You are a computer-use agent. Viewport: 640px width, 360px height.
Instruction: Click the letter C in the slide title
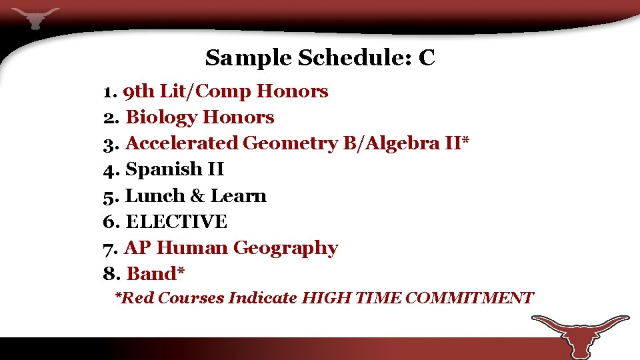(427, 58)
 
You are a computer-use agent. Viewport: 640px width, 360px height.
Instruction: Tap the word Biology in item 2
(161, 118)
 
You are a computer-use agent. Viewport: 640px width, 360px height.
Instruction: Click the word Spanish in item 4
(163, 170)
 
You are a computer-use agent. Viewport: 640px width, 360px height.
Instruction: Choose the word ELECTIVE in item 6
(176, 222)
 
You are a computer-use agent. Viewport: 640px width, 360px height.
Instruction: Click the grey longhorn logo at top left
(35, 17)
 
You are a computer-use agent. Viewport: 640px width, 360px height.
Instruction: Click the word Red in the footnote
(137, 298)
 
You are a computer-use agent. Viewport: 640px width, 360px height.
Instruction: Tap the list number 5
(109, 196)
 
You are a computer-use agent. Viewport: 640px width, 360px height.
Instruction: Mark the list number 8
(109, 274)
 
